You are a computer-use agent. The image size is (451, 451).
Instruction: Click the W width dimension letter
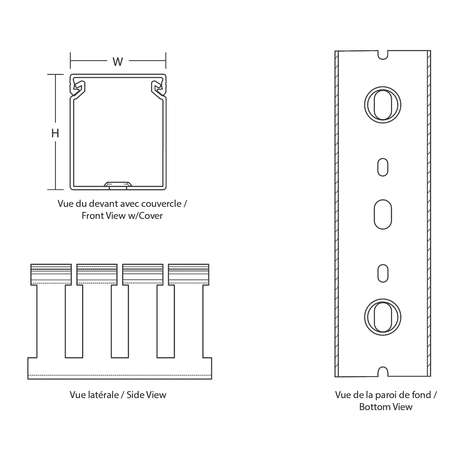118,62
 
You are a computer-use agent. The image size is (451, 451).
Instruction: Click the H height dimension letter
55,133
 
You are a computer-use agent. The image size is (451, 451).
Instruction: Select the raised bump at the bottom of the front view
118,184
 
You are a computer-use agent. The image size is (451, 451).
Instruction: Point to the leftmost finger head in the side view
51,274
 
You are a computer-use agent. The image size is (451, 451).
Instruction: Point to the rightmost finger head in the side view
189,274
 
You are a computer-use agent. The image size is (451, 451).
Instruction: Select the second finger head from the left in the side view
97,274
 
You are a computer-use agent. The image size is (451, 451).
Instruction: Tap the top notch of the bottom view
383,55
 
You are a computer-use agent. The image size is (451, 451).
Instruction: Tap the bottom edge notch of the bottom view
383,372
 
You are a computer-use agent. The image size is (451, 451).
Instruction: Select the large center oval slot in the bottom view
383,214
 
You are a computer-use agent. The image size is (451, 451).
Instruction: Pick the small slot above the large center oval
383,167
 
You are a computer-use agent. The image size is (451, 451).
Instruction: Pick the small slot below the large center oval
383,273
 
